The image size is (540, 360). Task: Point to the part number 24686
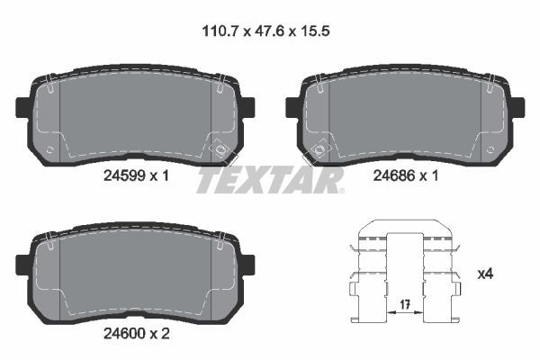pyautogui.click(x=391, y=176)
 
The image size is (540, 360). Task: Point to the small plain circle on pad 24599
pyautogui.click(x=51, y=148)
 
